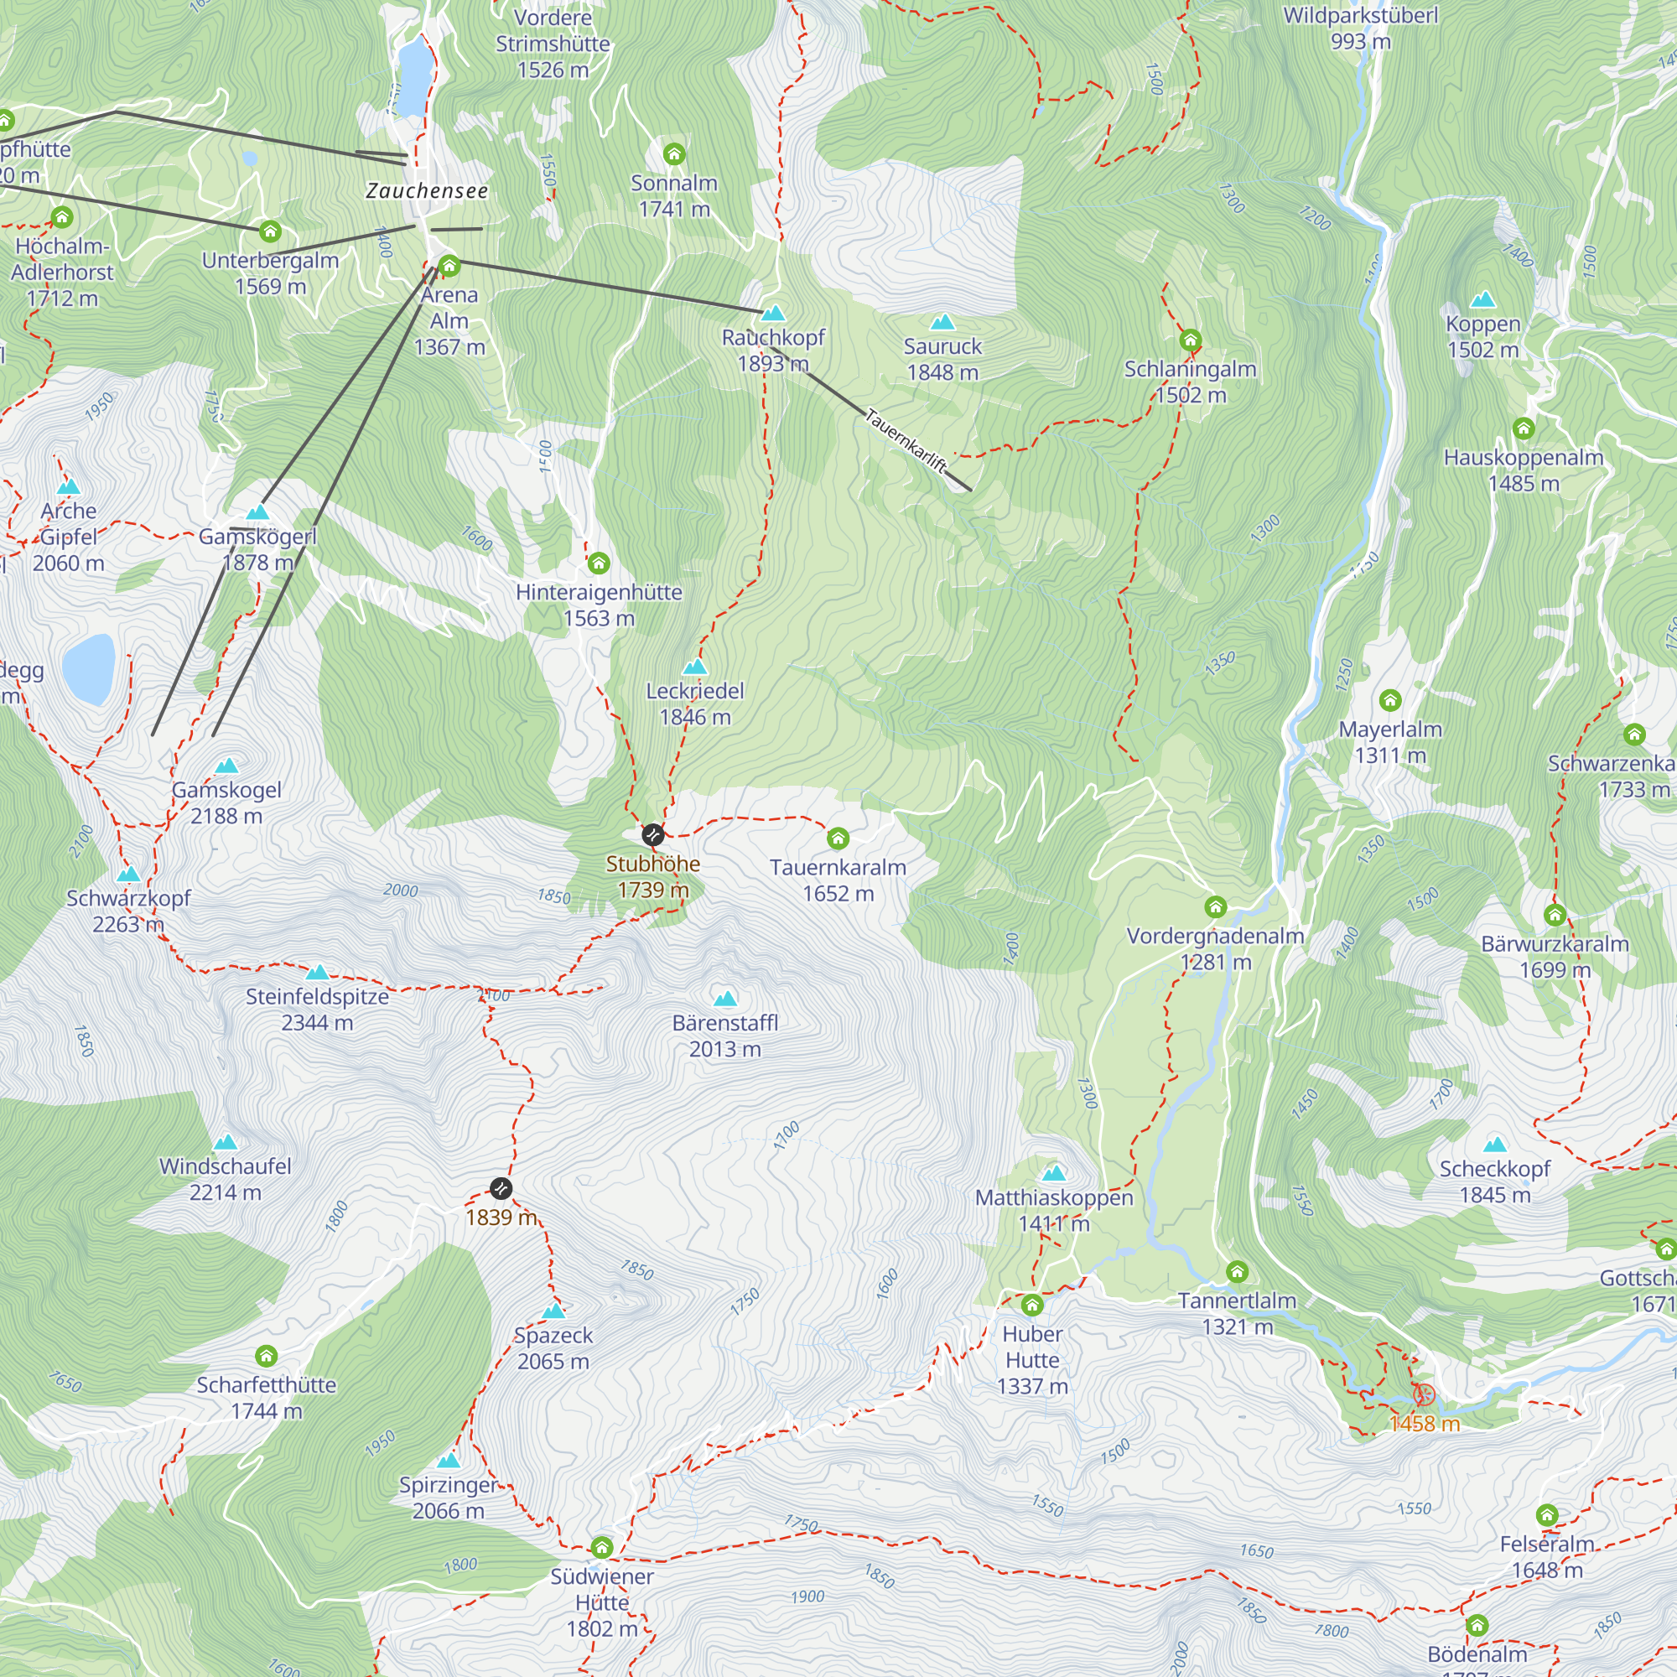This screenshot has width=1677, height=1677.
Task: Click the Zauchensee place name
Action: (x=426, y=191)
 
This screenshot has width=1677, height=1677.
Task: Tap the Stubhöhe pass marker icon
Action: (x=652, y=835)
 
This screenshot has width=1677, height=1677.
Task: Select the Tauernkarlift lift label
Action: (x=906, y=441)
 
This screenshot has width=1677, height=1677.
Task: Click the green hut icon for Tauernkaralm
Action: (x=838, y=838)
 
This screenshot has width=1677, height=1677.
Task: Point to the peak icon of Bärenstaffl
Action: (x=724, y=999)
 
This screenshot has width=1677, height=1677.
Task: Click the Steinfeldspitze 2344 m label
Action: (x=317, y=1010)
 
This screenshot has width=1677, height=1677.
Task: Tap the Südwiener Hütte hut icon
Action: (x=601, y=1548)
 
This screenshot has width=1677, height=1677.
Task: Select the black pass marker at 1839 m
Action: (x=501, y=1188)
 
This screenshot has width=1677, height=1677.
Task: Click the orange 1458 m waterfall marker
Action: (x=1424, y=1395)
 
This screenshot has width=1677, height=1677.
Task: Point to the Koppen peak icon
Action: (x=1482, y=300)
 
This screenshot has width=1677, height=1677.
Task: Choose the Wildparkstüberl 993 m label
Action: (x=1360, y=28)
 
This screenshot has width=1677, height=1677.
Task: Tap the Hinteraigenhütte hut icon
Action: (x=598, y=564)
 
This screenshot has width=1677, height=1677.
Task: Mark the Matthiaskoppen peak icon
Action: (x=1054, y=1174)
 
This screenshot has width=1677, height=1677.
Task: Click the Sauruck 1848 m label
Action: (x=942, y=360)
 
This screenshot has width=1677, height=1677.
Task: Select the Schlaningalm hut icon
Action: (x=1190, y=340)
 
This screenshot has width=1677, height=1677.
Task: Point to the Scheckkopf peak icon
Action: (x=1495, y=1145)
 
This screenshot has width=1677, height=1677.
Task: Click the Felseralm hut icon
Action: (x=1547, y=1515)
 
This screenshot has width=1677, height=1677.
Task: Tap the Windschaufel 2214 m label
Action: (x=225, y=1179)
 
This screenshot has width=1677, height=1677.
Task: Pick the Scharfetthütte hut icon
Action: (x=267, y=1356)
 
